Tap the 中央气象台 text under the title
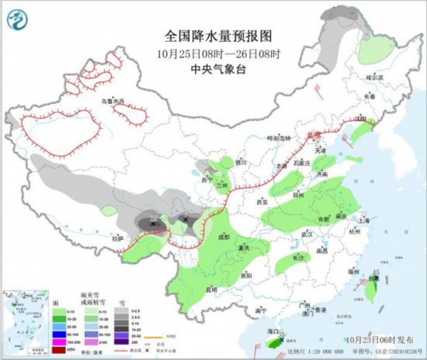click(x=214, y=68)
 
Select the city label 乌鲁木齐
click(x=113, y=102)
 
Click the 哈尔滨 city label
click(x=375, y=78)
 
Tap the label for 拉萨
click(x=117, y=238)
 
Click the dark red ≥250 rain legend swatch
click(x=57, y=351)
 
